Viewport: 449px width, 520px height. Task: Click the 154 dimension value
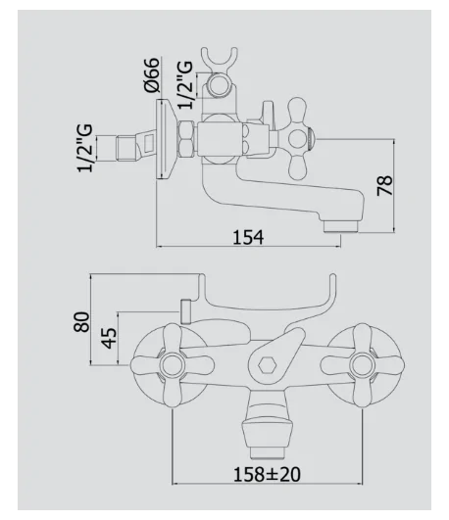click(248, 237)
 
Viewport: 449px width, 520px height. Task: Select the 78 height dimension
click(385, 186)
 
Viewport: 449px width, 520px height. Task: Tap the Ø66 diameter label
click(152, 75)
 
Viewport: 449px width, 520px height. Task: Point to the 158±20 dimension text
click(267, 474)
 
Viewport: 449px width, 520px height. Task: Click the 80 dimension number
click(81, 321)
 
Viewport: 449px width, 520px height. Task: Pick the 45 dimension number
click(109, 338)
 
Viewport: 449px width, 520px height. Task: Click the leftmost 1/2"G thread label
click(84, 148)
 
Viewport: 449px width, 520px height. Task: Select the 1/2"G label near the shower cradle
click(185, 85)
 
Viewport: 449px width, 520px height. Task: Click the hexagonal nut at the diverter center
click(268, 365)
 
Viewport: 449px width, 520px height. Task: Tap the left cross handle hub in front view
click(173, 365)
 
